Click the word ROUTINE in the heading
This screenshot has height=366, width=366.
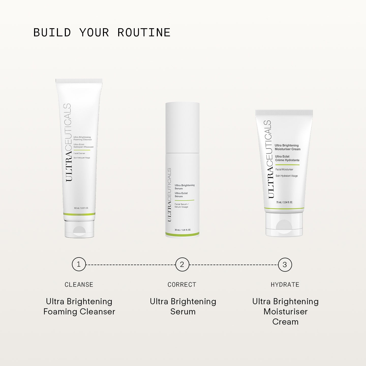[x=144, y=33]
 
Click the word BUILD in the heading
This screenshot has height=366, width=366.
[x=52, y=33]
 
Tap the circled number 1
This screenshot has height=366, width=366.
[x=79, y=264]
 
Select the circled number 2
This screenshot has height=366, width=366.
[x=182, y=265]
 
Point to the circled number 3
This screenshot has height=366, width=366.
[x=285, y=265]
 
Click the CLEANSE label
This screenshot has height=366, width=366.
[x=79, y=285]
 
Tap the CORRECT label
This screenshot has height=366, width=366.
[x=182, y=285]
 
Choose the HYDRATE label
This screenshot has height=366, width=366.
[x=285, y=285]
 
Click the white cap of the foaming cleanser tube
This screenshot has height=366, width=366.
[x=79, y=229]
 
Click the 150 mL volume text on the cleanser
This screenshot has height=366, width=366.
[x=81, y=208]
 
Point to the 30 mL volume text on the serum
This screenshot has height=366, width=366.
[x=182, y=230]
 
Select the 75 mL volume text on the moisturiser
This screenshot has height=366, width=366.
[x=284, y=202]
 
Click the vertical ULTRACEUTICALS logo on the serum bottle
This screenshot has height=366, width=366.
[x=169, y=194]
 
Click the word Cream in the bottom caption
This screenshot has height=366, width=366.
[x=285, y=322]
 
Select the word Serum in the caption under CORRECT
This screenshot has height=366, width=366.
[x=183, y=312]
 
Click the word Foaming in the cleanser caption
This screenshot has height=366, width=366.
[x=60, y=312]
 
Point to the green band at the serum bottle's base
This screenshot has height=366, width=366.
[x=182, y=234]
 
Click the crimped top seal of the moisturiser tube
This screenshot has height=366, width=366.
[x=284, y=113]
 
